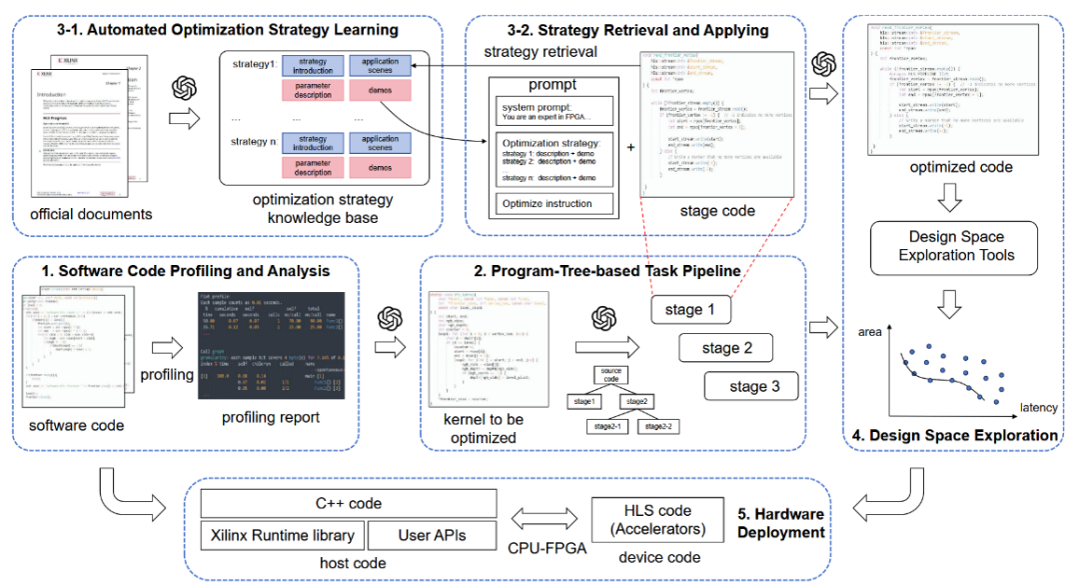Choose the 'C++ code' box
point(348,503)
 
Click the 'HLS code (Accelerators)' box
point(650,519)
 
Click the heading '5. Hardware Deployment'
point(781,523)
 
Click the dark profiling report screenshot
point(272,343)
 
